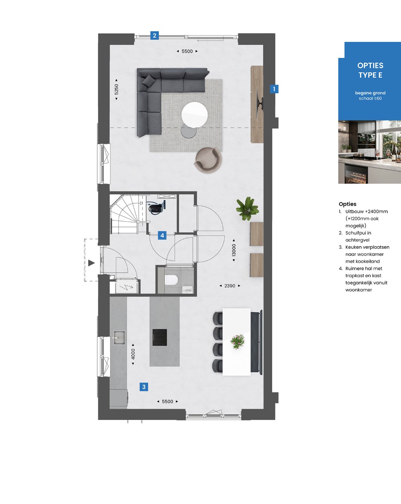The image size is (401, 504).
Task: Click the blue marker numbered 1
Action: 274,89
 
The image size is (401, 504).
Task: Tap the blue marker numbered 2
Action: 154,36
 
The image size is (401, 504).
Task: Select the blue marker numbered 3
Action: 144,387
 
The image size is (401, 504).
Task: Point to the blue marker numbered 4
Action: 162,235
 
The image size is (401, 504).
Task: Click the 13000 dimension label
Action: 234,250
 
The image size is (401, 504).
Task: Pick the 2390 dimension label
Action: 230,286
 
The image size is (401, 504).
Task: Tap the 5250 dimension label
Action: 116,89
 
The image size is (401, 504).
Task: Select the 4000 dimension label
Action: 133,354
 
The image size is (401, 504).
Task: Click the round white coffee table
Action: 194,115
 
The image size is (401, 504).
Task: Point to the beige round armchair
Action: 208,161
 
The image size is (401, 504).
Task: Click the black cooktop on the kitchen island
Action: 160,337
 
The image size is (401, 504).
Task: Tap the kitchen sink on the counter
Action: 119,338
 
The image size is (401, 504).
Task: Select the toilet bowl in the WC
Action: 171,280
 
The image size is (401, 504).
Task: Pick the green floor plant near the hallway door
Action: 247,209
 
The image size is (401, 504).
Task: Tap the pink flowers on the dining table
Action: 237,342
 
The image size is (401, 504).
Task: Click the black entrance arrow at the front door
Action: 91,263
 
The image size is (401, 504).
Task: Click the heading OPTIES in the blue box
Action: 370,65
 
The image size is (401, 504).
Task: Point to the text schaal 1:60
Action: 370,98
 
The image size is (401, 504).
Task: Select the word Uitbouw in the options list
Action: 354,211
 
